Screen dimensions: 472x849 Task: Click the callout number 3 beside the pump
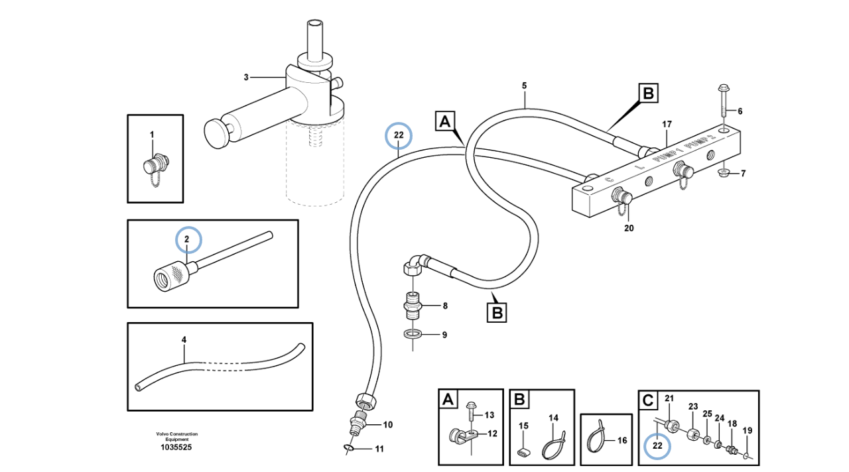[x=245, y=78]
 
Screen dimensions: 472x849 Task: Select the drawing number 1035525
[x=176, y=447]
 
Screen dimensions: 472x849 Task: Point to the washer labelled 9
[x=412, y=335]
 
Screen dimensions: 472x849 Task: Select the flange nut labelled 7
[x=725, y=174]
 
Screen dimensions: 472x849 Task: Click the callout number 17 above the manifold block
[x=667, y=124]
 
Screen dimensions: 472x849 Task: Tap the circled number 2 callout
[x=187, y=239]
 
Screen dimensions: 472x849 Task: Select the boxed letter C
[x=648, y=400]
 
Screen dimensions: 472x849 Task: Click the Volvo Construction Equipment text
[x=176, y=436]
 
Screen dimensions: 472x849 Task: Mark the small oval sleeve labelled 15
[x=523, y=452]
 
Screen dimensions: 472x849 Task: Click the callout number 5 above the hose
[x=524, y=86]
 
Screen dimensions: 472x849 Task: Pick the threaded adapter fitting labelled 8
[x=413, y=307]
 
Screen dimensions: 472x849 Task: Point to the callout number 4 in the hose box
[x=184, y=340]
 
